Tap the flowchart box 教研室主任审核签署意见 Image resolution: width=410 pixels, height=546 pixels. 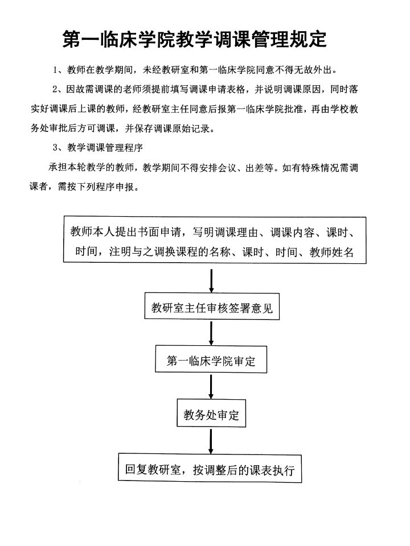click(212, 308)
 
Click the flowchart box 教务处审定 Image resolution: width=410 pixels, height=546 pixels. click(211, 416)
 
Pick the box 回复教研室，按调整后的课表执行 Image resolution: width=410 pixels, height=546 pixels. click(210, 470)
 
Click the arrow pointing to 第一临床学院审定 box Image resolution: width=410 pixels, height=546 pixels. click(212, 334)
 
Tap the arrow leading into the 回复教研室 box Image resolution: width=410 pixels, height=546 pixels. click(211, 442)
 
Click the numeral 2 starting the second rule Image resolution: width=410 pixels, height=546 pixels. click(55, 90)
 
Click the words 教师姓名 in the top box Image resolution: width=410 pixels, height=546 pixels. click(331, 252)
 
